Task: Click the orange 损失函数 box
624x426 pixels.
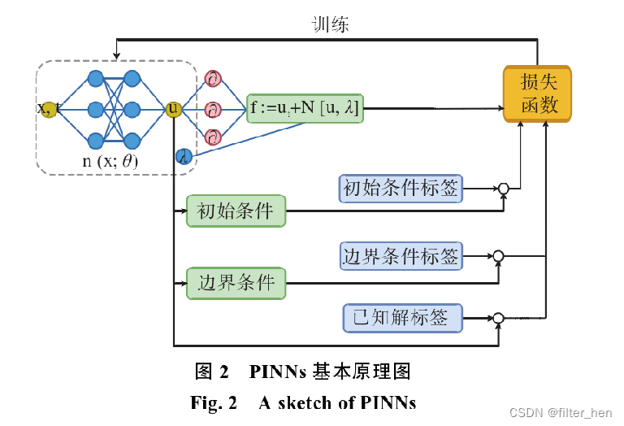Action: point(538,93)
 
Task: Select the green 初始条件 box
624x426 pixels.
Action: point(236,211)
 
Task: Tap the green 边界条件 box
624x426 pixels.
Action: point(236,283)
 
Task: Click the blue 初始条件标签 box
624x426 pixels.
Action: point(401,189)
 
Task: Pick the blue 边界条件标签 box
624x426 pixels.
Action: point(401,256)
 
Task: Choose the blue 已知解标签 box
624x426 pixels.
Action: point(401,317)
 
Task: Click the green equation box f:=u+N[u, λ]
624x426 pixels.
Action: point(305,107)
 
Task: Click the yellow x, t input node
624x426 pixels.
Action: point(48,109)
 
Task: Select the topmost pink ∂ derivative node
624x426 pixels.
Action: point(213,79)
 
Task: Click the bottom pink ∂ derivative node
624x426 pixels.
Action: point(213,136)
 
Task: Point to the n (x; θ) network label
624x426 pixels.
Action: point(110,161)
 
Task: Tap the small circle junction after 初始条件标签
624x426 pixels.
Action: point(503,189)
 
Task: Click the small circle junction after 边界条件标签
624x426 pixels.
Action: point(499,256)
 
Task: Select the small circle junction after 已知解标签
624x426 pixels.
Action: point(499,317)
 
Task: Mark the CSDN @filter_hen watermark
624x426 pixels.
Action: point(561,413)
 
